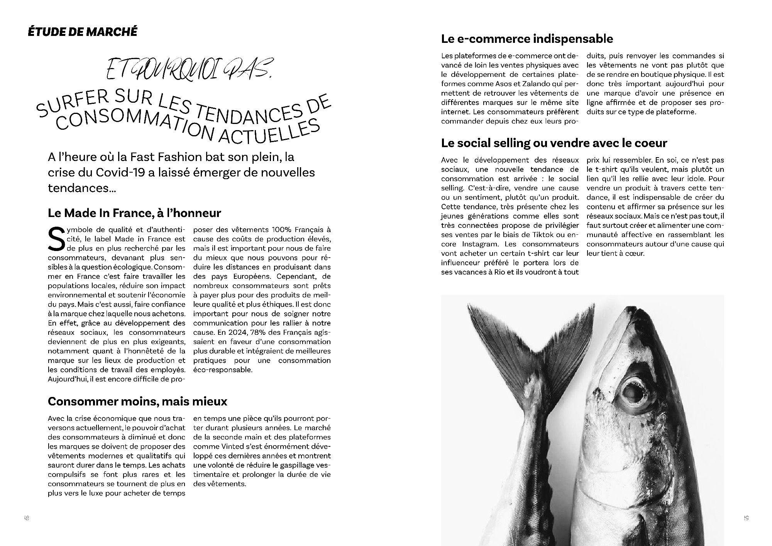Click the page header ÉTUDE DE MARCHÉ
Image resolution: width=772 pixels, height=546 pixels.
pos(82,32)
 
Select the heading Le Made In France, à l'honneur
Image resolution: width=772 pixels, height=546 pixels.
pos(134,213)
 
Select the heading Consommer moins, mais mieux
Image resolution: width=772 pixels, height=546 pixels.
pos(137,401)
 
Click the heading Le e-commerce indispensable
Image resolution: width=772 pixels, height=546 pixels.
pos(527,39)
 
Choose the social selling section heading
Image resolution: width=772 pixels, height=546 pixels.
pos(554,143)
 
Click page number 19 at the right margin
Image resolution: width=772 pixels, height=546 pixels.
pos(746,518)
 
